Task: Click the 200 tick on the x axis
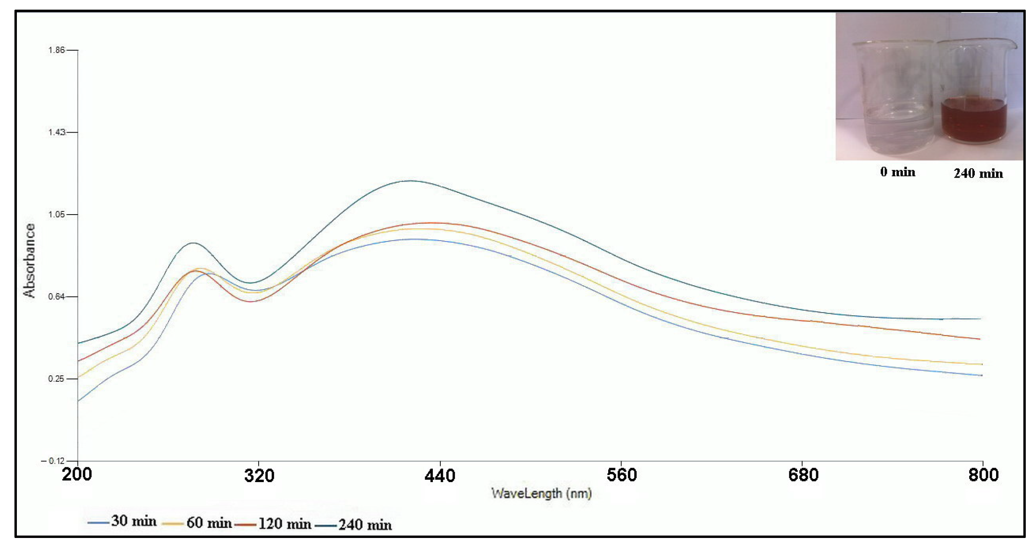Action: pos(77,475)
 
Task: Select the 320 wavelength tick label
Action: pos(259,476)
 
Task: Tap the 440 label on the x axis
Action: pos(440,476)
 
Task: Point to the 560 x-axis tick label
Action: pos(621,475)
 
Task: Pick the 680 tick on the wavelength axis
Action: pos(803,475)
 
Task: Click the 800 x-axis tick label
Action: pos(983,475)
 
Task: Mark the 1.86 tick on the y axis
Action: pos(56,50)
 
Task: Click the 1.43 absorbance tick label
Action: pos(56,132)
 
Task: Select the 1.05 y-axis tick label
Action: pos(56,214)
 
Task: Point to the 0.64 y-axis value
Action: pos(56,297)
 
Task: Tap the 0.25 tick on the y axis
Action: pos(56,379)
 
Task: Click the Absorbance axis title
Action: pos(29,260)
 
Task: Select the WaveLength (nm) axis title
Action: pos(541,493)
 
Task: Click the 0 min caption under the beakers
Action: pos(898,172)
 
